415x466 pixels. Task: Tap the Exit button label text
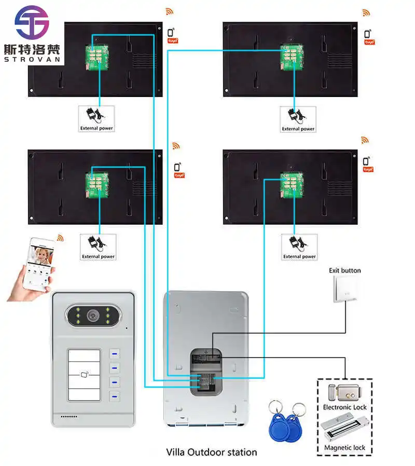point(344,270)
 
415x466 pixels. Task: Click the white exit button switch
point(344,289)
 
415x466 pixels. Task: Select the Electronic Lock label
point(344,407)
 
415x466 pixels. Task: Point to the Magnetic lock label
point(344,448)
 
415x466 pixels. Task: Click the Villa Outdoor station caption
point(211,452)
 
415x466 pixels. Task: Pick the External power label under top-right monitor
point(298,129)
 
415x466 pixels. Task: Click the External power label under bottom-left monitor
point(98,256)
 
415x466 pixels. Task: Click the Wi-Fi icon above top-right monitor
point(366,12)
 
